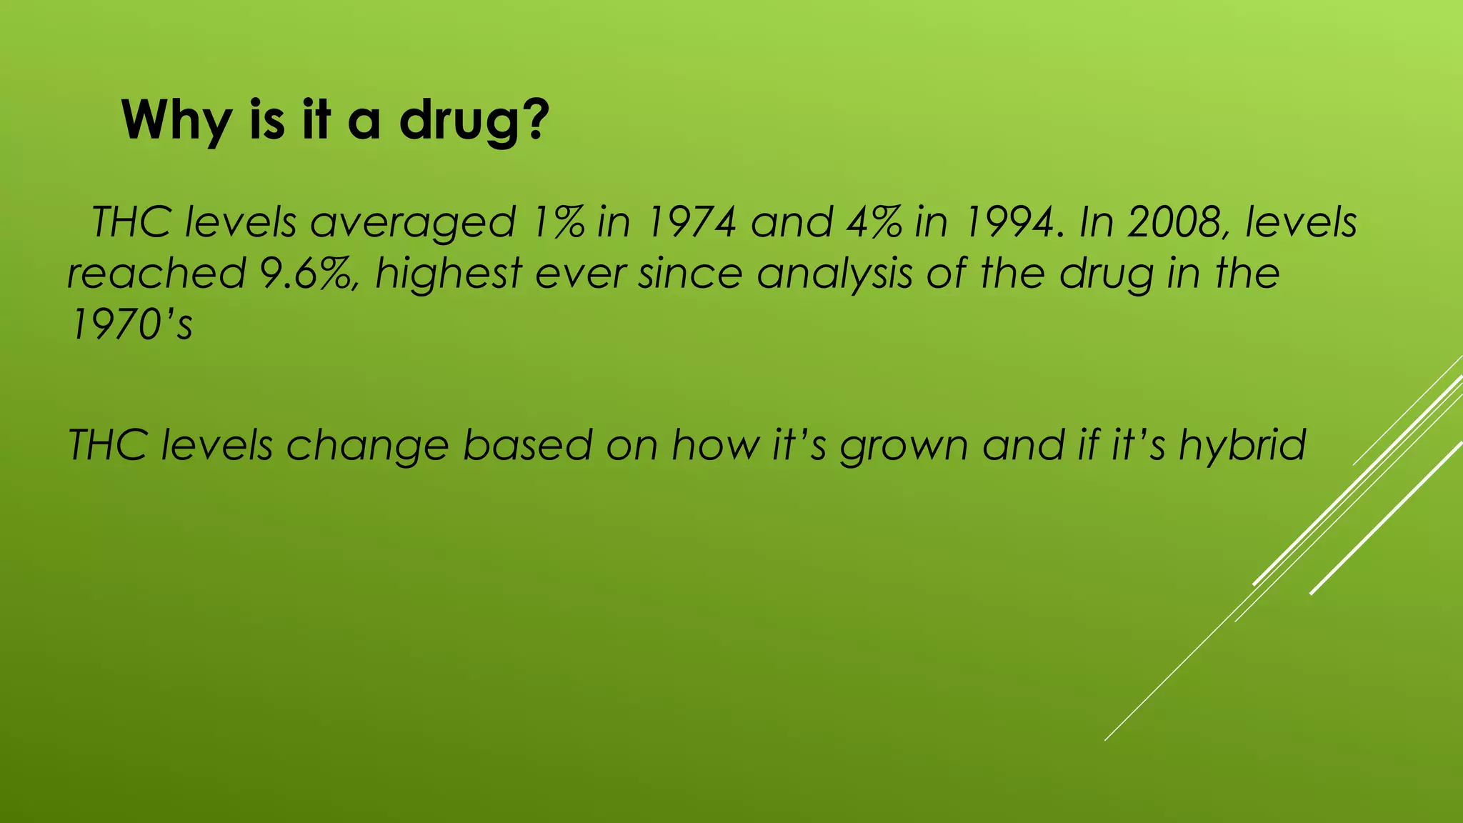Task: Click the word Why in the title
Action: tap(175, 121)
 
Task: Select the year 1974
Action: tap(690, 222)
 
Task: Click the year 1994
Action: tap(1007, 222)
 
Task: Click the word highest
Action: tap(449, 274)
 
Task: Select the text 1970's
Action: tap(131, 325)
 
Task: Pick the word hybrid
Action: tap(1242, 445)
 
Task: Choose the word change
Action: tap(368, 445)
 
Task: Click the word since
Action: tap(690, 274)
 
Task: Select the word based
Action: tap(528, 445)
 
